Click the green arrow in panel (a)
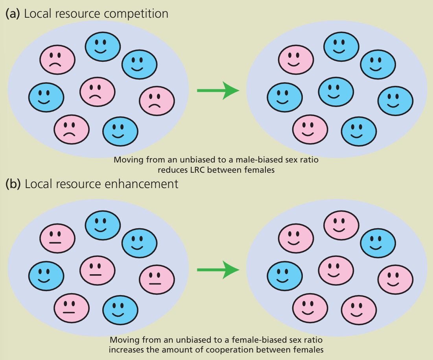(218, 90)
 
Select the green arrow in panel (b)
(218, 270)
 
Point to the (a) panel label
(13, 14)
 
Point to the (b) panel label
(13, 184)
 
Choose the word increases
(126, 349)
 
